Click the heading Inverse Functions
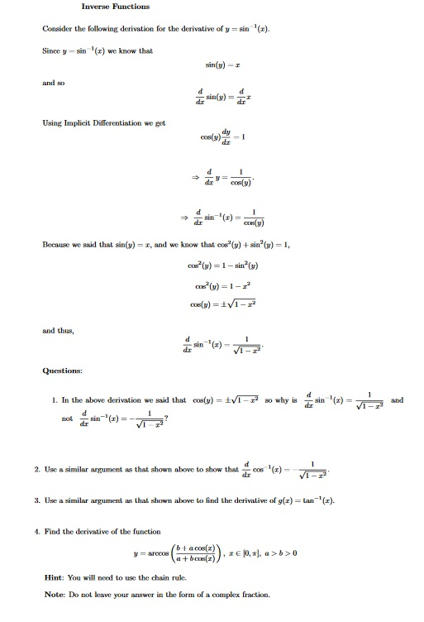115,7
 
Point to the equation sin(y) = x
222,64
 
